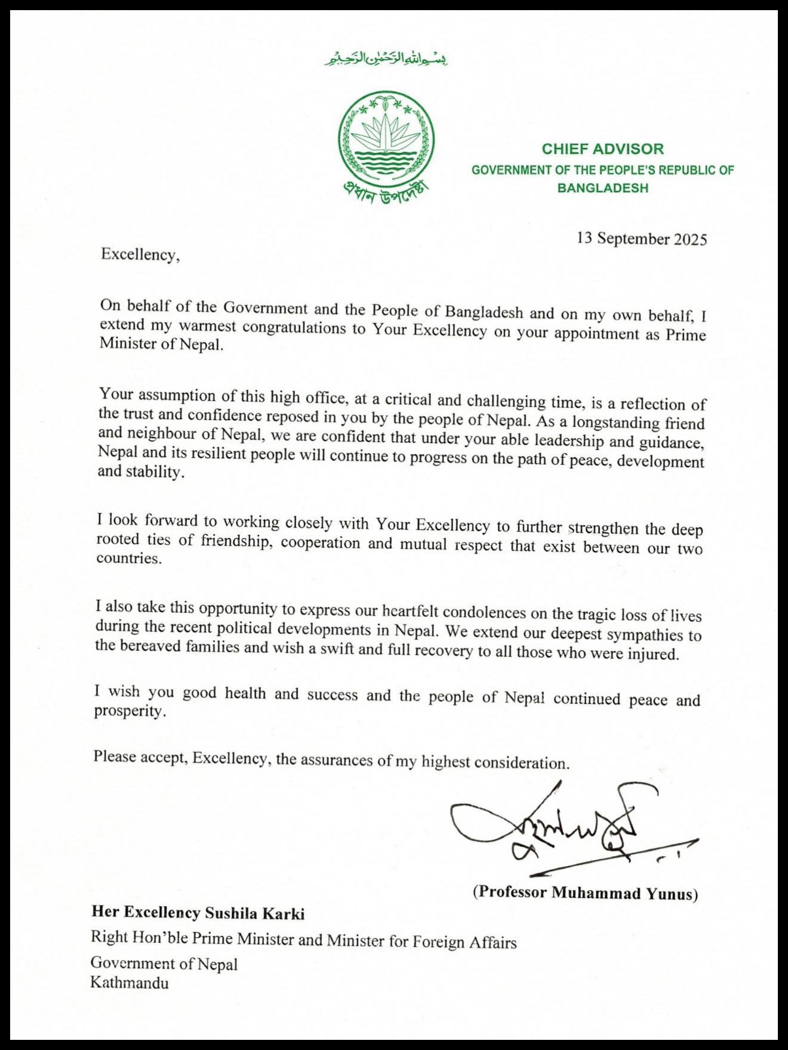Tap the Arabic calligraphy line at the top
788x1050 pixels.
coord(386,60)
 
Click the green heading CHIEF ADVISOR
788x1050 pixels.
coord(602,149)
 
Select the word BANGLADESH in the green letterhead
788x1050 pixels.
coord(602,188)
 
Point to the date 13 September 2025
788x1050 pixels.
coord(642,239)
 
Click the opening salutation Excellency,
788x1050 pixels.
coord(140,254)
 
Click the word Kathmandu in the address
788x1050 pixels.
coord(130,983)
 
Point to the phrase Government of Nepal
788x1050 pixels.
coord(164,963)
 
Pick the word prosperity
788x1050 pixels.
coord(128,712)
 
